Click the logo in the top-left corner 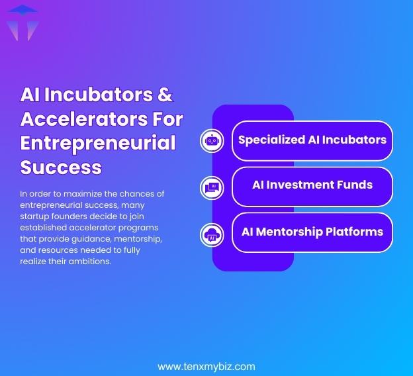click(x=22, y=22)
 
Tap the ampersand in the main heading click(x=165, y=95)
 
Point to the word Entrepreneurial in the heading click(x=98, y=143)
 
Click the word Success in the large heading click(x=61, y=167)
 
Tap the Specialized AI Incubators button click(x=312, y=140)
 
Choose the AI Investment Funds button click(x=312, y=186)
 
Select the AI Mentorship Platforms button click(x=312, y=232)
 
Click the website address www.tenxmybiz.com click(x=206, y=366)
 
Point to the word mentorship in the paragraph click(x=137, y=238)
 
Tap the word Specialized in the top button click(x=272, y=140)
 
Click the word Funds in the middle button click(x=353, y=185)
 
